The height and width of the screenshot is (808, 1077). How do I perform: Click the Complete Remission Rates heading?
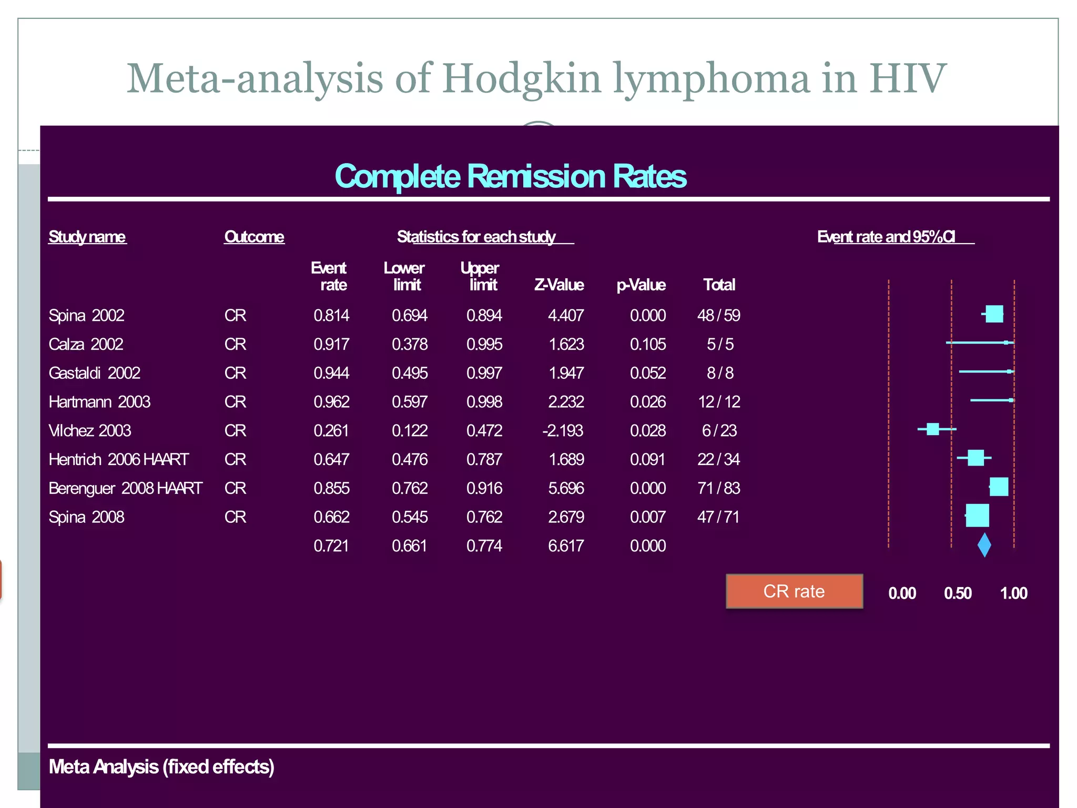(510, 176)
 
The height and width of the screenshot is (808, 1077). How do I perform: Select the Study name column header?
(87, 237)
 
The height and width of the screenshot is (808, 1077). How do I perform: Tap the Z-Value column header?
(558, 285)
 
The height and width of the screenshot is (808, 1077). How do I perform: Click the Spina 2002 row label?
(86, 316)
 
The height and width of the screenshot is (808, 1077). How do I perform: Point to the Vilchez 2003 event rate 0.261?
(331, 431)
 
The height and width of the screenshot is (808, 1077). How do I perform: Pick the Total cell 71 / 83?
(718, 489)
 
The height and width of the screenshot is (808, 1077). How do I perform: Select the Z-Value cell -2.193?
(563, 431)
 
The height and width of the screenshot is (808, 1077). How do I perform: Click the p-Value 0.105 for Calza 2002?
(647, 345)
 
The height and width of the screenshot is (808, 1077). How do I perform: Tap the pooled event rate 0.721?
(331, 546)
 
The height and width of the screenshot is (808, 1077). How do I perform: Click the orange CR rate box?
(794, 591)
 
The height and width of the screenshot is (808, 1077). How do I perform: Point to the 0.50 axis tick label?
(958, 594)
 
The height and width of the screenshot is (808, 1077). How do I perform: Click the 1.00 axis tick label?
(1013, 594)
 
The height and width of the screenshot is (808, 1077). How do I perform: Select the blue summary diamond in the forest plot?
(984, 545)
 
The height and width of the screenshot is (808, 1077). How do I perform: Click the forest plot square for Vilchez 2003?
(932, 429)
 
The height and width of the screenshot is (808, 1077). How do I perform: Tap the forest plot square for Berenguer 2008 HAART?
(999, 487)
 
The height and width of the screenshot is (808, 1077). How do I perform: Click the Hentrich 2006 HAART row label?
(118, 460)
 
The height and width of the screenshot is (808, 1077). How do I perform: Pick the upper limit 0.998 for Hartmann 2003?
(484, 402)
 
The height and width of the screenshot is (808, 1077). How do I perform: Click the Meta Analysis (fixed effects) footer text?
(161, 767)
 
